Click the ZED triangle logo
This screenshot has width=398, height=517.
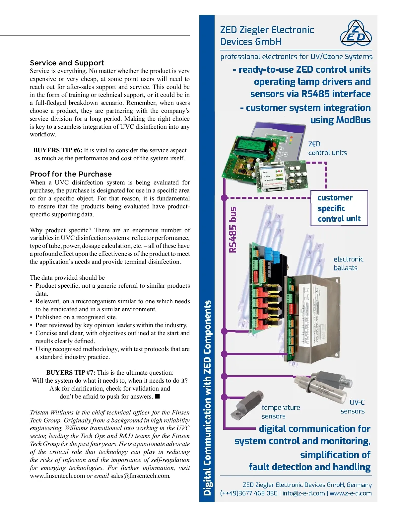pyautogui.click(x=356, y=33)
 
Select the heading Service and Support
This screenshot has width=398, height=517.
pyautogui.click(x=67, y=63)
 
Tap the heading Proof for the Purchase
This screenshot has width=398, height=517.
pyautogui.click(x=71, y=174)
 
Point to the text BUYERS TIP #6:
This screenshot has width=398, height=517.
pyautogui.click(x=58, y=150)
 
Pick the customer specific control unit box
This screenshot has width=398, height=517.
pyautogui.click(x=339, y=208)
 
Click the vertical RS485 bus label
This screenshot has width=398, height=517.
pyautogui.click(x=233, y=230)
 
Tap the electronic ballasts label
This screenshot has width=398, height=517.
pyautogui.click(x=348, y=263)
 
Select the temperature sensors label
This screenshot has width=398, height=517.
pyautogui.click(x=281, y=412)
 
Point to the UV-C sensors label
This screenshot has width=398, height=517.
pyautogui.click(x=353, y=407)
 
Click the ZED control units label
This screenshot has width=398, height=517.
pyautogui.click(x=327, y=148)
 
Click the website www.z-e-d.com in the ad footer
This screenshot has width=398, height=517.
pyautogui.click(x=351, y=493)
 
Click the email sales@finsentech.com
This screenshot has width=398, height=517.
pyautogui.click(x=140, y=476)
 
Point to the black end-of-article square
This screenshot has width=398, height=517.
pyautogui.click(x=158, y=396)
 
